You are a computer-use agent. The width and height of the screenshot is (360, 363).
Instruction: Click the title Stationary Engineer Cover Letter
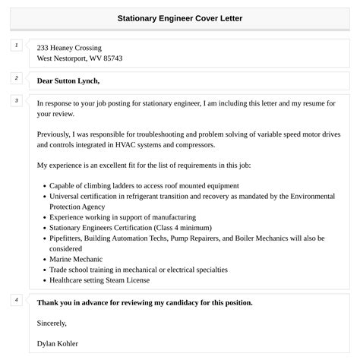tap(179, 17)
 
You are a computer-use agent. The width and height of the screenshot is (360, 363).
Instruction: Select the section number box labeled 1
tap(16, 46)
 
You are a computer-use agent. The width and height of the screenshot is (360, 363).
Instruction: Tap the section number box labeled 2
tap(16, 78)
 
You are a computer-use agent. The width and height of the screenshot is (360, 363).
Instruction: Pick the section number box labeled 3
tap(16, 101)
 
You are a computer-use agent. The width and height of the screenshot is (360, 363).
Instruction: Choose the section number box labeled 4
tap(16, 301)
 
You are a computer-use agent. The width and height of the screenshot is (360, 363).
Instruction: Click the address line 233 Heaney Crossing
tap(69, 47)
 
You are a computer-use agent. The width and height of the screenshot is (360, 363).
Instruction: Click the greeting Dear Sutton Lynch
tap(68, 80)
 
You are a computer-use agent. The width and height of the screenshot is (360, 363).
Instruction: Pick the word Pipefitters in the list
tap(67, 238)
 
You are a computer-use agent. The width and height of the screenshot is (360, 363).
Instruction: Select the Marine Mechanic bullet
tap(77, 259)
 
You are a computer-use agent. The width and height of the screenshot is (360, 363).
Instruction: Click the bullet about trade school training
tap(138, 270)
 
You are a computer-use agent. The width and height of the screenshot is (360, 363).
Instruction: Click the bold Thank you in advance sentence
tap(144, 302)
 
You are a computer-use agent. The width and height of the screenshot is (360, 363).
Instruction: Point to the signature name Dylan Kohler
tap(57, 343)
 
